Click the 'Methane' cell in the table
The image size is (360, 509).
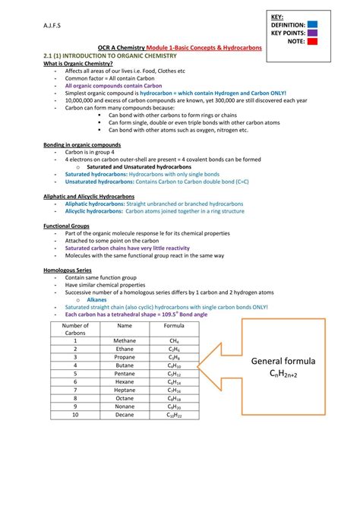(x=125, y=341)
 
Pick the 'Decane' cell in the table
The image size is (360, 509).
(x=125, y=416)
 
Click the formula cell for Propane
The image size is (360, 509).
(x=174, y=357)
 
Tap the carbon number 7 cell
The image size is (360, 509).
(x=75, y=390)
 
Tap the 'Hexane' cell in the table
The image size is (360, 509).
(x=125, y=382)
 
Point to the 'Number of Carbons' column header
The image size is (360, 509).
(x=75, y=329)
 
